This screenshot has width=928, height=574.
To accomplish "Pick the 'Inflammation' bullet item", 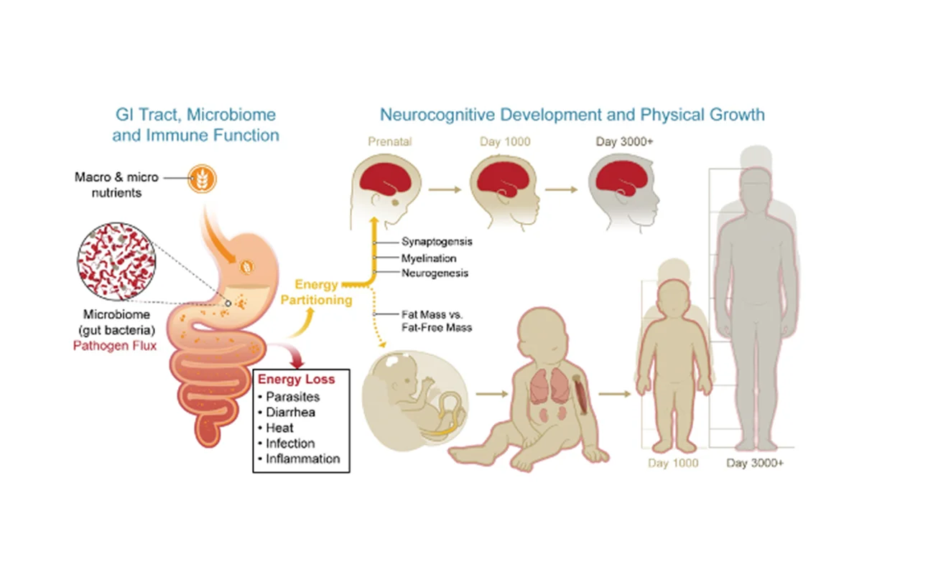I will pyautogui.click(x=302, y=458).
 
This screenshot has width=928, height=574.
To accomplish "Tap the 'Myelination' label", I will pyautogui.click(x=429, y=258).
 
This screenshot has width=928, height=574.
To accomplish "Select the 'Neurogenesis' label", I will pyautogui.click(x=435, y=273).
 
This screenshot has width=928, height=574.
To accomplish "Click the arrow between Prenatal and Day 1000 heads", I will pyautogui.click(x=445, y=191).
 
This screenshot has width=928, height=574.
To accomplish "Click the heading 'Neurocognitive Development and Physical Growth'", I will pyautogui.click(x=572, y=114).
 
